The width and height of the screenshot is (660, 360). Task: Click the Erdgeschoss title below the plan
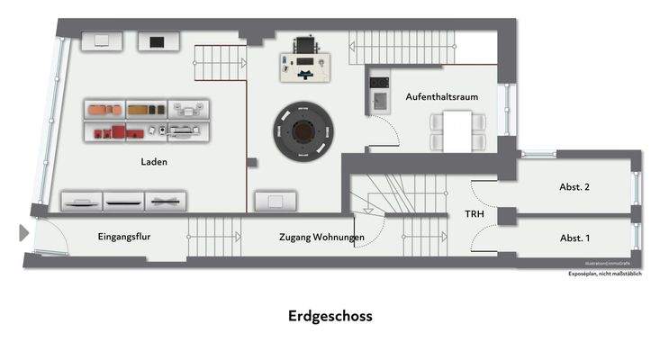pyautogui.click(x=330, y=316)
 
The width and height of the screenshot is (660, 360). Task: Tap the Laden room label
pyautogui.click(x=154, y=163)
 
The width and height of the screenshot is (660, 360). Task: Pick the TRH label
pyautogui.click(x=474, y=215)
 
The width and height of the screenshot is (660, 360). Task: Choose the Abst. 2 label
pyautogui.click(x=574, y=187)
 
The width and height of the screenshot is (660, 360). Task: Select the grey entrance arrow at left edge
pyautogui.click(x=23, y=234)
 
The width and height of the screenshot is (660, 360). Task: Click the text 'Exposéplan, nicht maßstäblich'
pyautogui.click(x=604, y=274)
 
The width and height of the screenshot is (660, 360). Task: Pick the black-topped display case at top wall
pyautogui.click(x=158, y=41)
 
